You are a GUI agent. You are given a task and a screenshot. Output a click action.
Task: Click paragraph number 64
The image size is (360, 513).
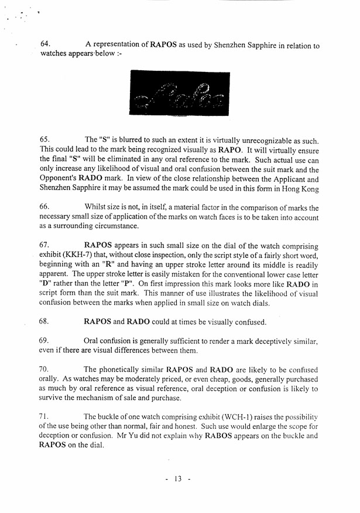pyautogui.click(x=46, y=44)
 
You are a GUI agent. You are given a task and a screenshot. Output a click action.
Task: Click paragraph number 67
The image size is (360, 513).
pyautogui.click(x=45, y=246)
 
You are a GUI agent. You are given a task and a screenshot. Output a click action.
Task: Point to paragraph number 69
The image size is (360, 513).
pyautogui.click(x=45, y=340)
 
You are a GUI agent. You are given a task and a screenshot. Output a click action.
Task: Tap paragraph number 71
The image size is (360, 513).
pyautogui.click(x=45, y=416)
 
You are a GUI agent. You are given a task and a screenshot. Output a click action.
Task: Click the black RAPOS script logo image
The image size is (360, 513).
pyautogui.click(x=180, y=92)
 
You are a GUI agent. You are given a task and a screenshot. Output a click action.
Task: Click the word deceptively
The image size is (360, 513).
pyautogui.click(x=269, y=340)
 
